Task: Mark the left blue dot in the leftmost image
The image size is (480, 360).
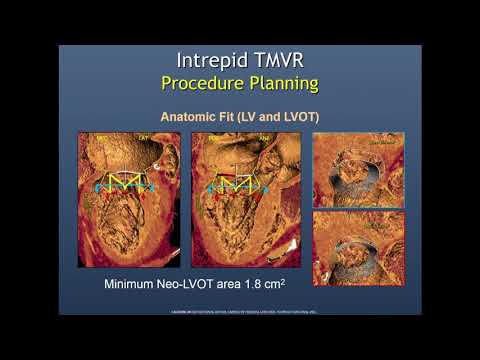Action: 96,187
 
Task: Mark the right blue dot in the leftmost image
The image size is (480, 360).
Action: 153,187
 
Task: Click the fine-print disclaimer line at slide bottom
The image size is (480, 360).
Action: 240,313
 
